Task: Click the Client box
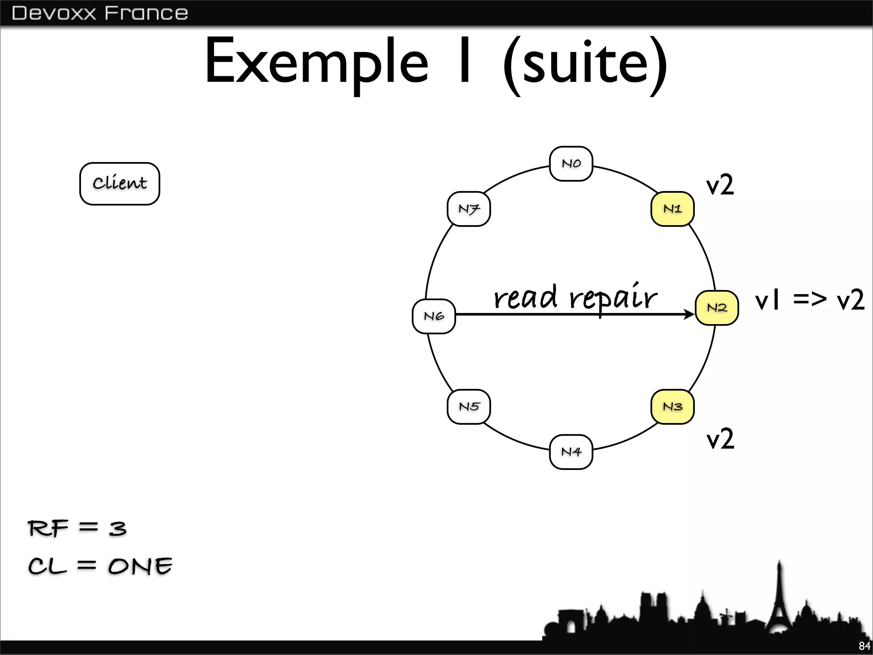(x=120, y=183)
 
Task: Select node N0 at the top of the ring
(x=571, y=164)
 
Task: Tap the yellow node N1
(x=672, y=209)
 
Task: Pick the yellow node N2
(x=717, y=308)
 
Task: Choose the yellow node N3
(x=672, y=407)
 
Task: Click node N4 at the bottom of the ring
(x=571, y=452)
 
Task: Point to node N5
(x=469, y=407)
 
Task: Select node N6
(x=434, y=316)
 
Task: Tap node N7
(x=469, y=209)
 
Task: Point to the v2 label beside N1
(x=720, y=185)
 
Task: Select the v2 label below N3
(x=720, y=439)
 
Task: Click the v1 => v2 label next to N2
(x=809, y=300)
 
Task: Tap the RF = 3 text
(x=77, y=529)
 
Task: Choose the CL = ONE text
(x=100, y=566)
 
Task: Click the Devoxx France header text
(x=100, y=13)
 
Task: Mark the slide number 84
(x=864, y=646)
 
